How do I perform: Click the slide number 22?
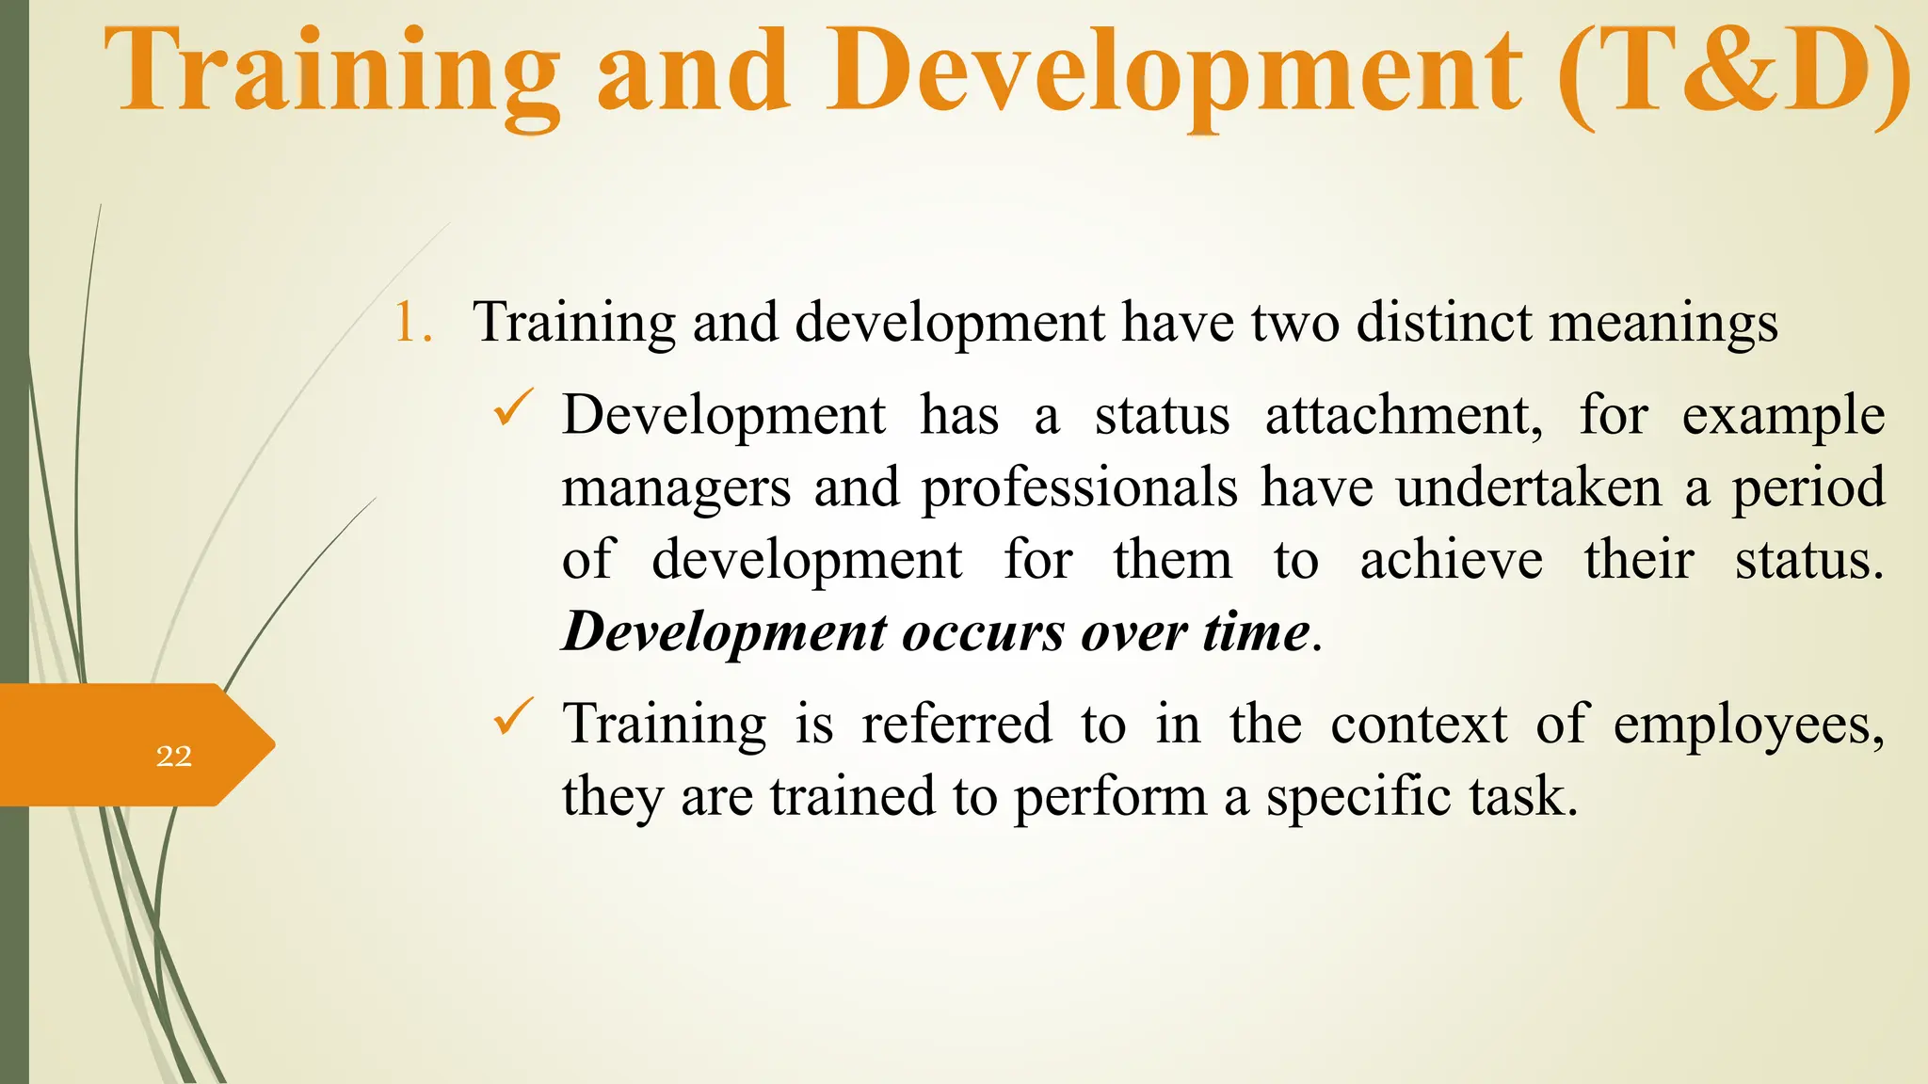[x=174, y=756]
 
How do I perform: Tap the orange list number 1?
[x=411, y=322]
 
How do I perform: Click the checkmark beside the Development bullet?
[x=514, y=409]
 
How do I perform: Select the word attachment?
[x=1403, y=415]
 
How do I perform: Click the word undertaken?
[x=1529, y=487]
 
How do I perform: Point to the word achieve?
[x=1451, y=560]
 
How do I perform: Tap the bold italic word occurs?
[x=983, y=632]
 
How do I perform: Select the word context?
[x=1419, y=725]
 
